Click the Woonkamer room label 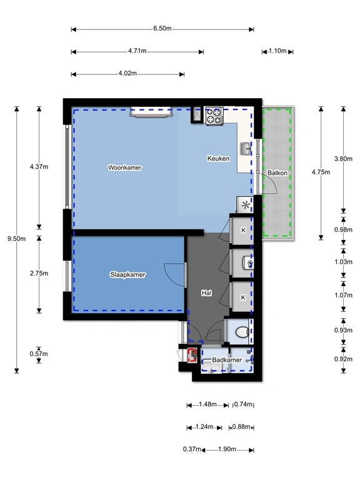(124, 167)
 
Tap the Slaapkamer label (127, 274)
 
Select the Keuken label (218, 158)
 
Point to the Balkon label (277, 173)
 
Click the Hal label (206, 293)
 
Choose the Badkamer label (227, 360)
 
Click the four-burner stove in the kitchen (214, 116)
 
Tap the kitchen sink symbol (246, 149)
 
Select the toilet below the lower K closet (242, 332)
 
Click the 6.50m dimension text (162, 29)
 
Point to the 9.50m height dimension (16, 239)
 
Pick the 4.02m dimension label (127, 74)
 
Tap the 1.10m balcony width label (277, 51)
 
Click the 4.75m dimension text (321, 172)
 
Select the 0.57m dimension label (39, 354)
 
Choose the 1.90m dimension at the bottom (227, 449)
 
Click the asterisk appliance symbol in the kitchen (246, 205)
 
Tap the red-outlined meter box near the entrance (192, 355)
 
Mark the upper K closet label (243, 230)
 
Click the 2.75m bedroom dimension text (39, 273)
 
